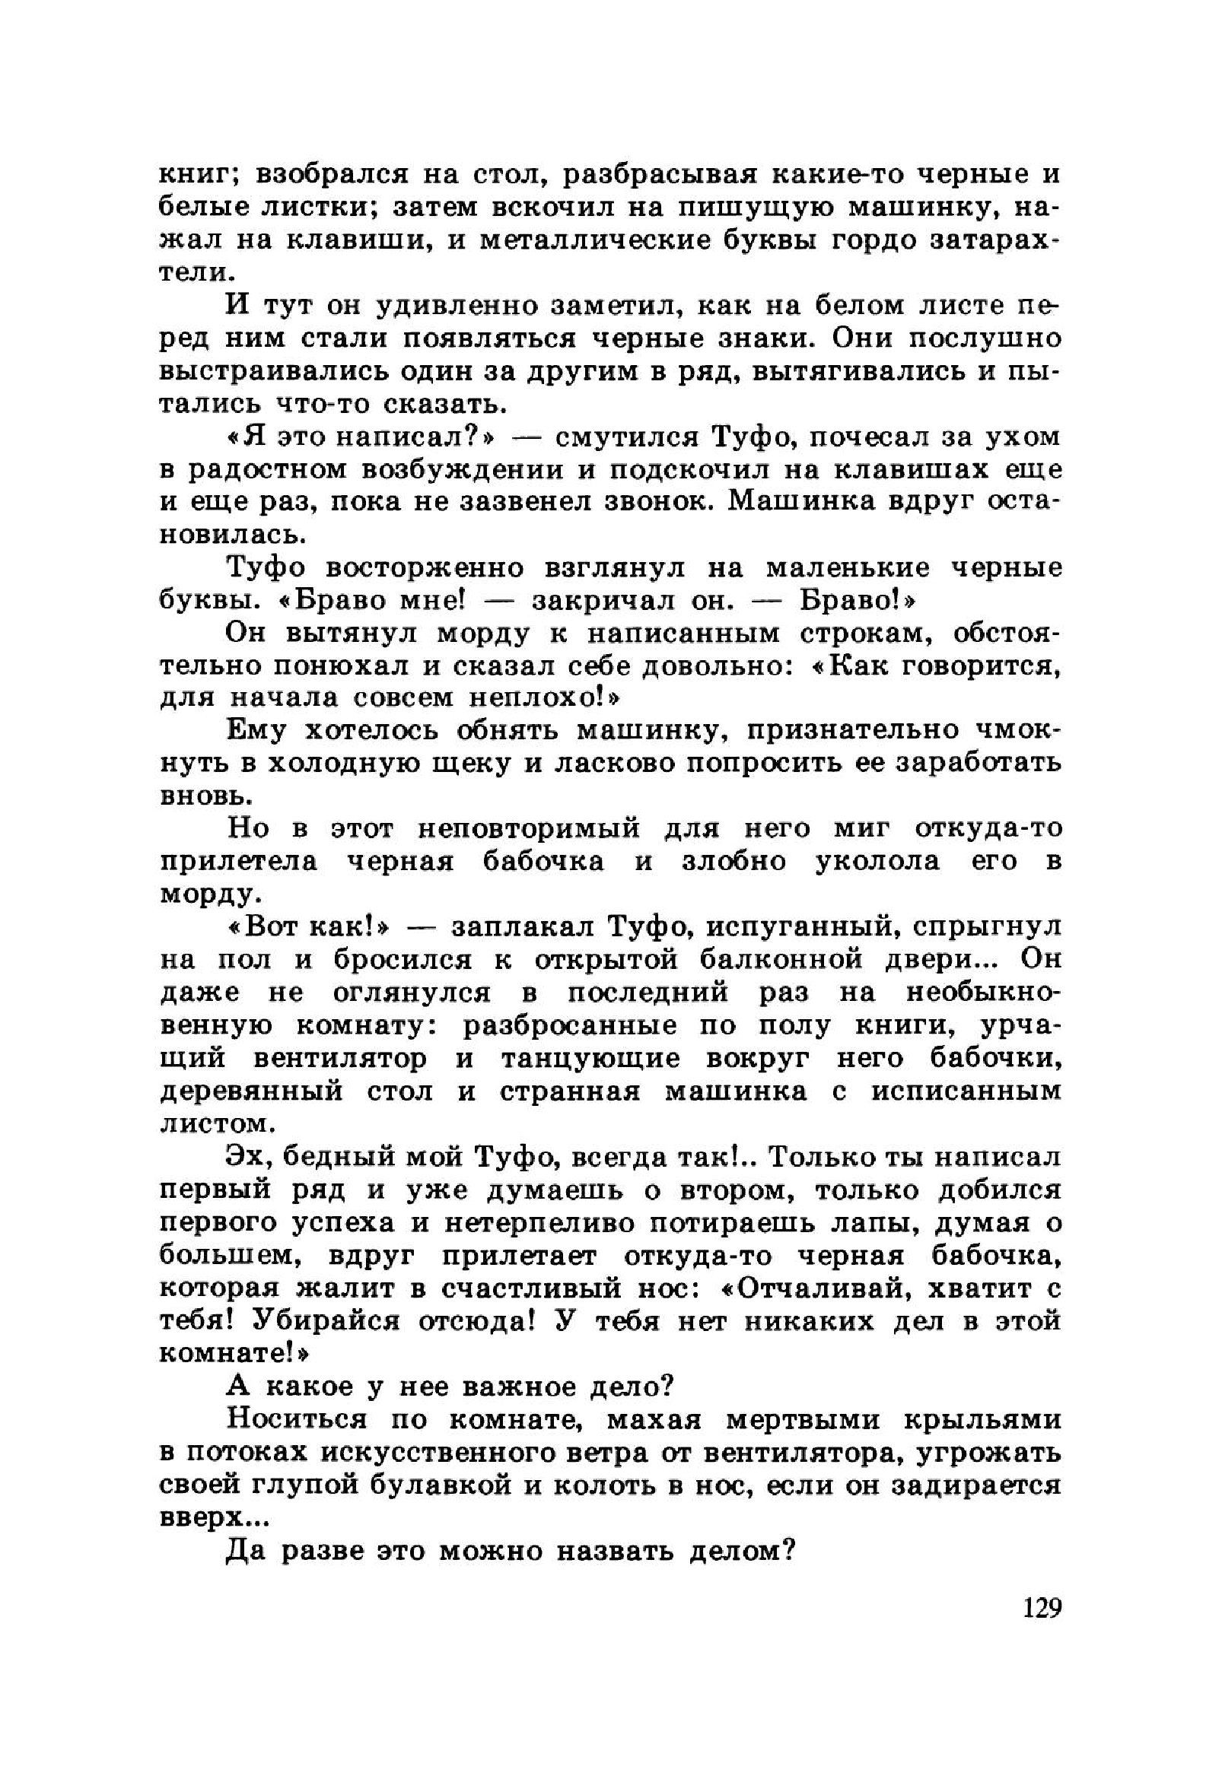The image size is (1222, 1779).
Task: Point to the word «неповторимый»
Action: [x=528, y=829]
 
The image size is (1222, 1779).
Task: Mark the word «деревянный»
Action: [x=251, y=1091]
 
